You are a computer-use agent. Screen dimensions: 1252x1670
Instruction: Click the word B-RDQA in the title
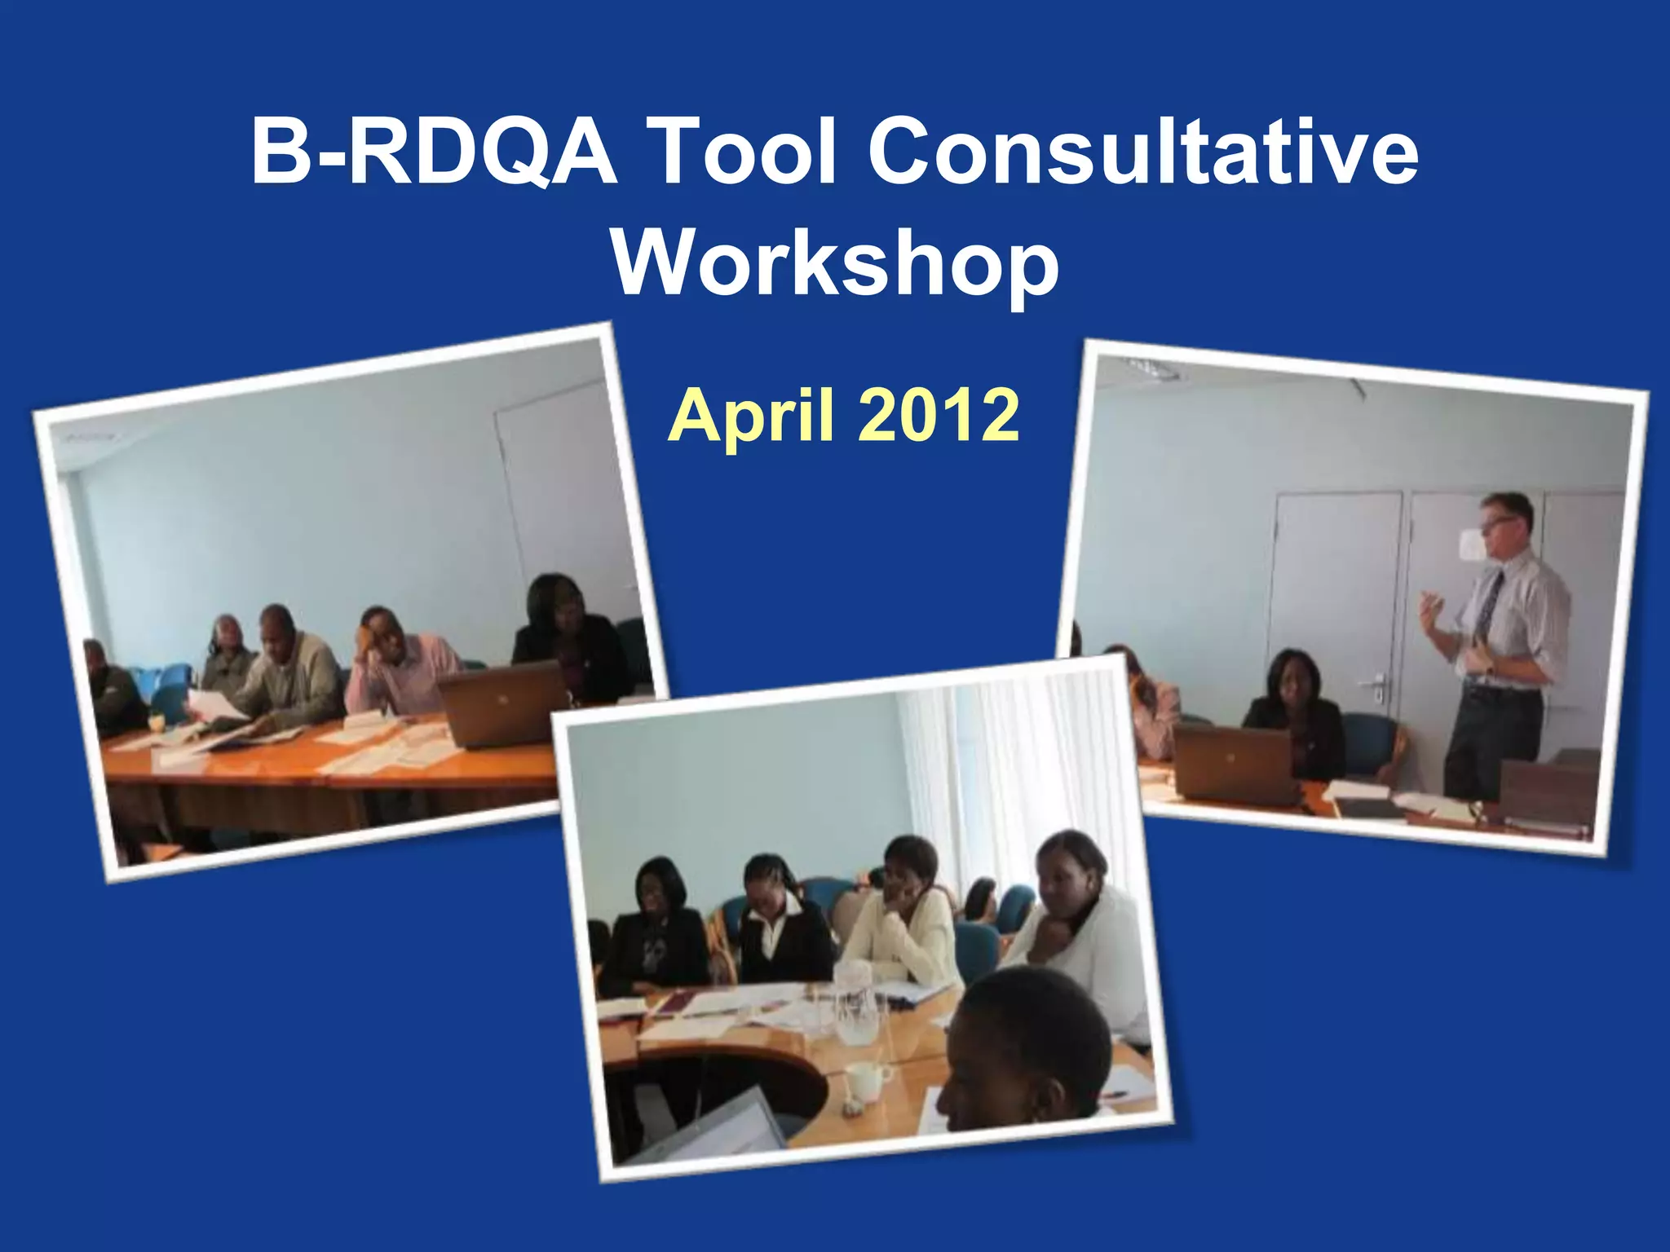pyautogui.click(x=432, y=152)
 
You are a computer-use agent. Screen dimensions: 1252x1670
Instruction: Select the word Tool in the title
pyautogui.click(x=744, y=152)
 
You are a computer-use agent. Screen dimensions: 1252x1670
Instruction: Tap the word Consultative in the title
pyautogui.click(x=1142, y=152)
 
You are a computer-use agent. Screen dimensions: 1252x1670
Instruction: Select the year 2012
pyautogui.click(x=938, y=416)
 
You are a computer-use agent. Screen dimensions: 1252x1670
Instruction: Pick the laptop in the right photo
pyautogui.click(x=1234, y=762)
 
